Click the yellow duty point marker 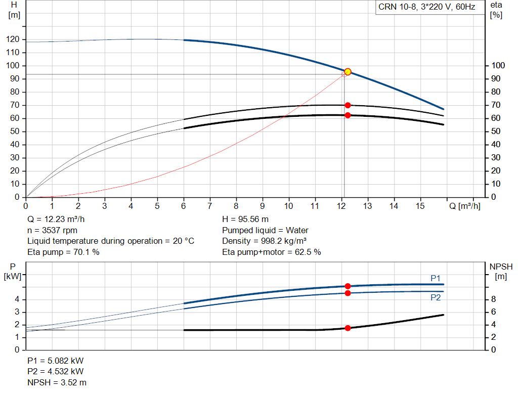pos(348,72)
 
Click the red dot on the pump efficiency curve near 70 pos(348,105)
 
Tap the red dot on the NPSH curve pos(348,328)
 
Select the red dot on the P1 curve pos(348,286)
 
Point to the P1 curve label pos(436,278)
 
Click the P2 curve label pos(436,297)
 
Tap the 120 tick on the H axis pos(13,39)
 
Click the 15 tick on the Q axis pos(420,206)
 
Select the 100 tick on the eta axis pos(498,65)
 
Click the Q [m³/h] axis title pos(465,206)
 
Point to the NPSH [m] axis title pos(501,272)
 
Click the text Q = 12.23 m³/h pos(56,220)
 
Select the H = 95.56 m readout pos(245,220)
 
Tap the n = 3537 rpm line pos(52,230)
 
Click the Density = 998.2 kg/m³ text pos(264,241)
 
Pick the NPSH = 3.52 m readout pos(57,382)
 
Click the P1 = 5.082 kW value pos(56,361)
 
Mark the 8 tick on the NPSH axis pos(494,299)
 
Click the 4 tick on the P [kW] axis pos(17,299)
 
